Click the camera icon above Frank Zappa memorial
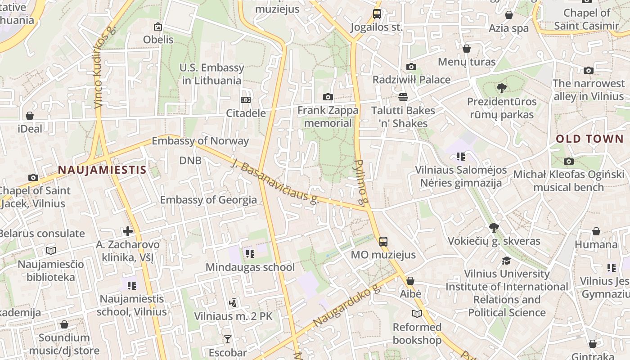pos(328,97)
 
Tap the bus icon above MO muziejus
pos(383,242)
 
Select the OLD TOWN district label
pos(589,139)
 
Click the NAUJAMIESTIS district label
pos(102,170)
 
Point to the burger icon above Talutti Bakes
pos(403,97)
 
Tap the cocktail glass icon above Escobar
pos(228,339)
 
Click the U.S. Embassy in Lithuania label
pos(211,74)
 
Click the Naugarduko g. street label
pos(347,306)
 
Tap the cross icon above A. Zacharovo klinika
pos(128,231)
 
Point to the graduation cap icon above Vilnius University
pos(507,261)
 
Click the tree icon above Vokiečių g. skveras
pos(494,228)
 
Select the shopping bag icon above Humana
pos(596,231)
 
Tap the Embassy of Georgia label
pos(208,200)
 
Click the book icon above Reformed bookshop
pos(417,314)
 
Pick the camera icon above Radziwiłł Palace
pos(411,67)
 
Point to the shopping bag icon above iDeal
pos(30,116)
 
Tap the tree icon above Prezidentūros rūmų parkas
pos(502,88)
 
